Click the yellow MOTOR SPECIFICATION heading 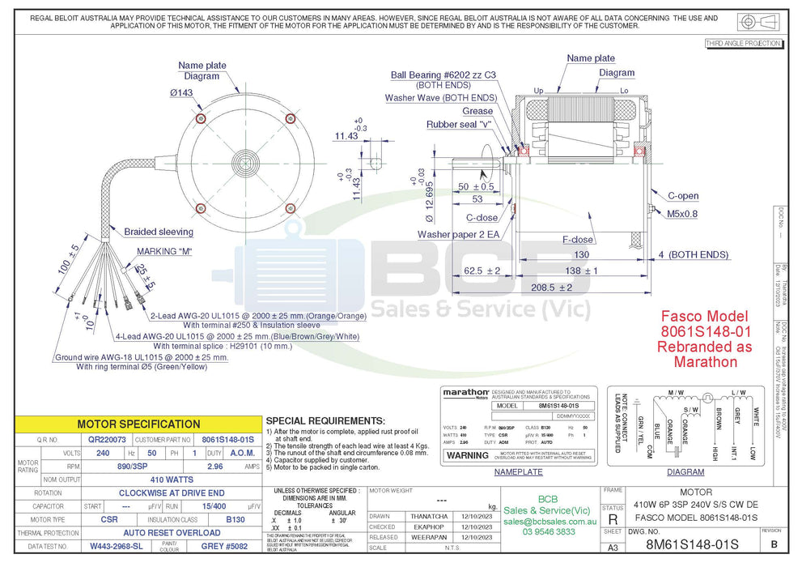coord(138,424)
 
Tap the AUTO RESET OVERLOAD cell coord(171,533)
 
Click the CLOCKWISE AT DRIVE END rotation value coord(171,492)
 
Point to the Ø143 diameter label coord(180,93)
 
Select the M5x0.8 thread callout coord(681,214)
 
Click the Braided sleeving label coord(159,232)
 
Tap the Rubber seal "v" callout coord(459,125)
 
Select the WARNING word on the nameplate coord(468,455)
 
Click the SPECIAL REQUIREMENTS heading coord(325,421)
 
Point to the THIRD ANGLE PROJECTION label coord(743,43)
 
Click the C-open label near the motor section coord(682,196)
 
